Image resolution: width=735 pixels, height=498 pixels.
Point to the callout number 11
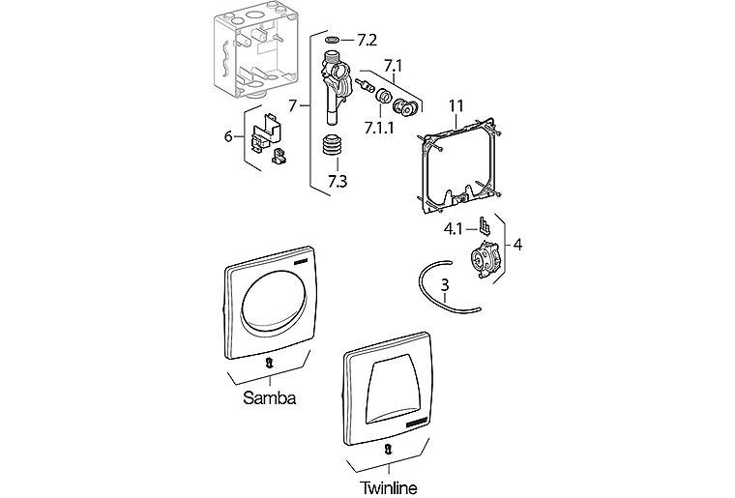pyautogui.click(x=457, y=104)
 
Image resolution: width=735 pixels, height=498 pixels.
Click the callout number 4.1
pyautogui.click(x=456, y=229)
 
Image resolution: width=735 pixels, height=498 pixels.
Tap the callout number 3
pyautogui.click(x=444, y=285)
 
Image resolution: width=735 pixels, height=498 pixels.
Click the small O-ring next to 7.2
pyautogui.click(x=332, y=40)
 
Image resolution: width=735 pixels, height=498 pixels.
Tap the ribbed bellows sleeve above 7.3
pyautogui.click(x=333, y=151)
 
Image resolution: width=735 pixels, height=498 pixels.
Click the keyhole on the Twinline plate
pyautogui.click(x=388, y=449)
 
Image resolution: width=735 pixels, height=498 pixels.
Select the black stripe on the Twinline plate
pyautogui.click(x=423, y=424)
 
